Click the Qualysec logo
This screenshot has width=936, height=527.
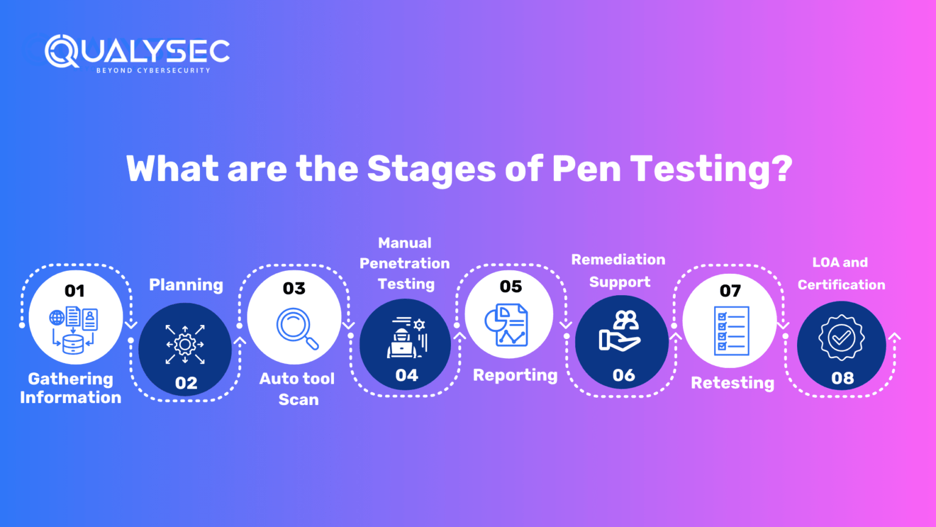[x=137, y=52]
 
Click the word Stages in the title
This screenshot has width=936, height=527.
[x=431, y=169]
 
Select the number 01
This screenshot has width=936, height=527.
[x=74, y=291]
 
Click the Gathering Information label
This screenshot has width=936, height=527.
[x=71, y=388]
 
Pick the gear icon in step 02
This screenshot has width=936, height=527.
[x=185, y=344]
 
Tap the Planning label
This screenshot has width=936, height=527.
[x=186, y=285]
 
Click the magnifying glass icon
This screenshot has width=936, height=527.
[x=297, y=328]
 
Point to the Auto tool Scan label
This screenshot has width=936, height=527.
[x=297, y=389]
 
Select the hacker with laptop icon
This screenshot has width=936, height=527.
[x=406, y=337]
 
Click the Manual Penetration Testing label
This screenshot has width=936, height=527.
[x=405, y=263]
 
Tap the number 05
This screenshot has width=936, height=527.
[x=511, y=287]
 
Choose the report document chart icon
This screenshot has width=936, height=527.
[x=506, y=325]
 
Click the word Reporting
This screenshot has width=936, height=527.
[x=515, y=375]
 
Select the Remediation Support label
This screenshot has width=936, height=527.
[x=619, y=271]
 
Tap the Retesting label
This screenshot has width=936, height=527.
[x=732, y=383]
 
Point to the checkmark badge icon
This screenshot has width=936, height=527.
[x=841, y=337]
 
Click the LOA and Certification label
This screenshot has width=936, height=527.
[x=841, y=273]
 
